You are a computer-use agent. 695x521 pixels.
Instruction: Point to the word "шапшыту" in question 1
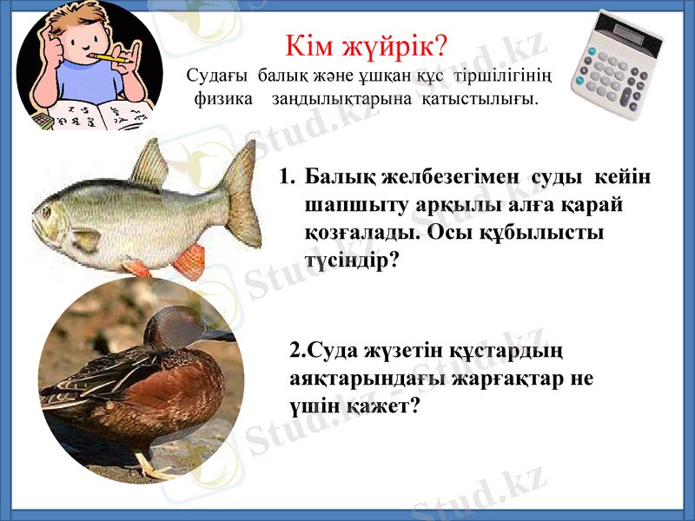click(344, 206)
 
